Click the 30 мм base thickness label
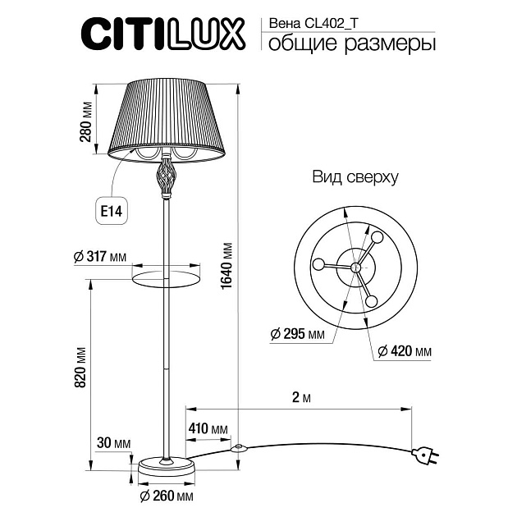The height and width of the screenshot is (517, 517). [113, 443]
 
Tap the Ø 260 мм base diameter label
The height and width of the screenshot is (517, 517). [167, 497]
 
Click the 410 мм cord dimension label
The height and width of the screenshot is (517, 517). [208, 428]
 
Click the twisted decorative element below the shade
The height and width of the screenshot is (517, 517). [166, 176]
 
